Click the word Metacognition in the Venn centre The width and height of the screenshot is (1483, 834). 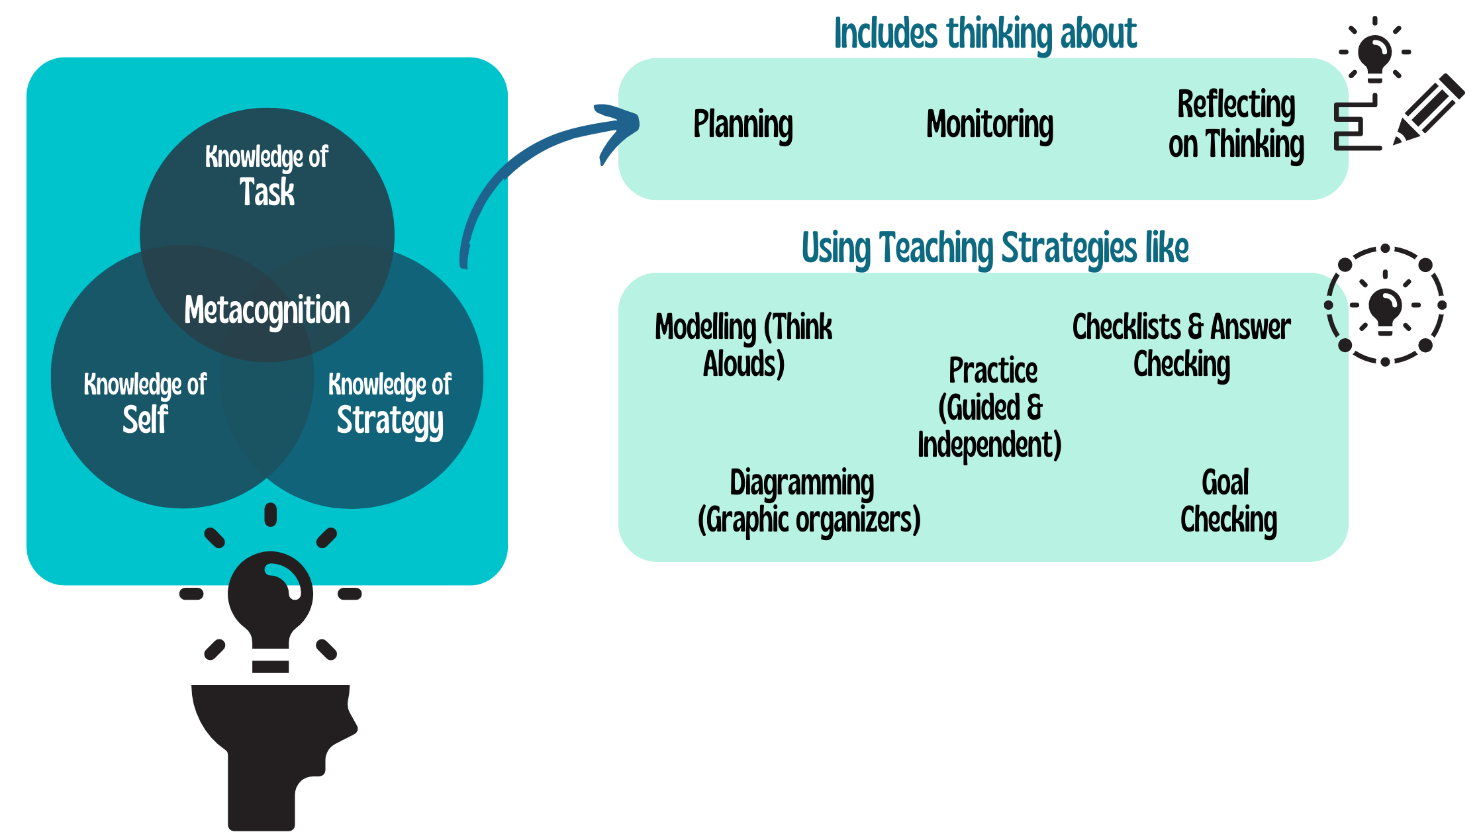[x=267, y=310]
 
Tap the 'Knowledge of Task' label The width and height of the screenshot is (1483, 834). [x=267, y=175]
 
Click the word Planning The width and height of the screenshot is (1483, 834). [x=743, y=124]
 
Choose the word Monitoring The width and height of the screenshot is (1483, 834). [x=990, y=124]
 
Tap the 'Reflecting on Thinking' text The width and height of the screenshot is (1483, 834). [x=1236, y=124]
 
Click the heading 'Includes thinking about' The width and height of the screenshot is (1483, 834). [x=985, y=34]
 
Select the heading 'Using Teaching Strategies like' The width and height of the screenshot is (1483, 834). [x=995, y=248]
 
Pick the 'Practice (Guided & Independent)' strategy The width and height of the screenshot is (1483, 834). [x=990, y=407]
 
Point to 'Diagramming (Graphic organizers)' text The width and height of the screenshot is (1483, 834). [x=808, y=501]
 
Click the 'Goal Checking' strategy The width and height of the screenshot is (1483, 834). [x=1228, y=501]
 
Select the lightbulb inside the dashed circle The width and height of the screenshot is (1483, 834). [x=1385, y=308]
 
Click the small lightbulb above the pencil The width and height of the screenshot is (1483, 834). [x=1375, y=56]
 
